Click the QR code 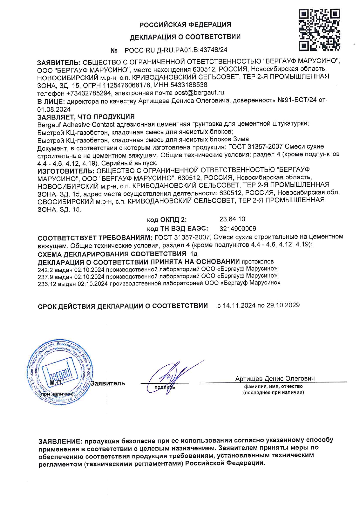[x=319, y=29]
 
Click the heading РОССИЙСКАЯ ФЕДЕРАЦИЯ [x=185, y=25]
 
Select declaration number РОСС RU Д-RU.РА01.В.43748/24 [x=176, y=50]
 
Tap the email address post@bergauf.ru [x=199, y=93]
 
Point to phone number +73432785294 [x=89, y=93]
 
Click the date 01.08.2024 [x=54, y=109]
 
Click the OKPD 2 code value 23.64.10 [x=232, y=219]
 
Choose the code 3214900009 [x=238, y=229]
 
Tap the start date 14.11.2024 [x=239, y=305]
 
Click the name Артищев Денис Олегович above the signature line [x=275, y=379]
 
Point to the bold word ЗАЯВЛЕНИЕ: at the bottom [x=60, y=441]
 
